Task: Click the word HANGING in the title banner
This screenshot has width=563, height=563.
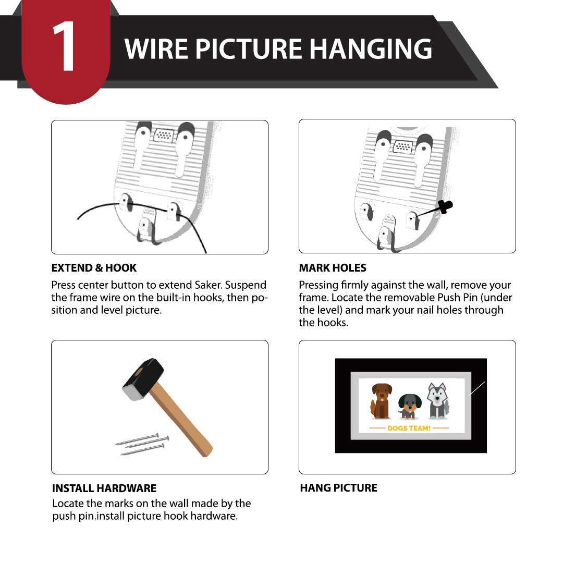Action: (371, 49)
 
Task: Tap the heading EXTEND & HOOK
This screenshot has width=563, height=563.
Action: (94, 268)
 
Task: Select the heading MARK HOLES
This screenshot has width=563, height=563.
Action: (333, 268)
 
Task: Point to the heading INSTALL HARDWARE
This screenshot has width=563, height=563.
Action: (104, 488)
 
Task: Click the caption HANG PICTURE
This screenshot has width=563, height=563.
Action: (339, 488)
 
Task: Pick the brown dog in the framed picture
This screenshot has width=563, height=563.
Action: (381, 401)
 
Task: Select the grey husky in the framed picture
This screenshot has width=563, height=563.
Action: (438, 401)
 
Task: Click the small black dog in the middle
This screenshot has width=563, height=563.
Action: (409, 407)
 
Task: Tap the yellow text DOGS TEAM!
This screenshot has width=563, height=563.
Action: (409, 428)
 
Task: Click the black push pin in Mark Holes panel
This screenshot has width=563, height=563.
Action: (445, 207)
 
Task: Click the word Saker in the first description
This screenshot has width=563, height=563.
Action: (208, 285)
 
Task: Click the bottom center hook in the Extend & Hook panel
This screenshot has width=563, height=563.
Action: (148, 230)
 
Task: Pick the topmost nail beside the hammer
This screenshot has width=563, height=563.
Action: (137, 439)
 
